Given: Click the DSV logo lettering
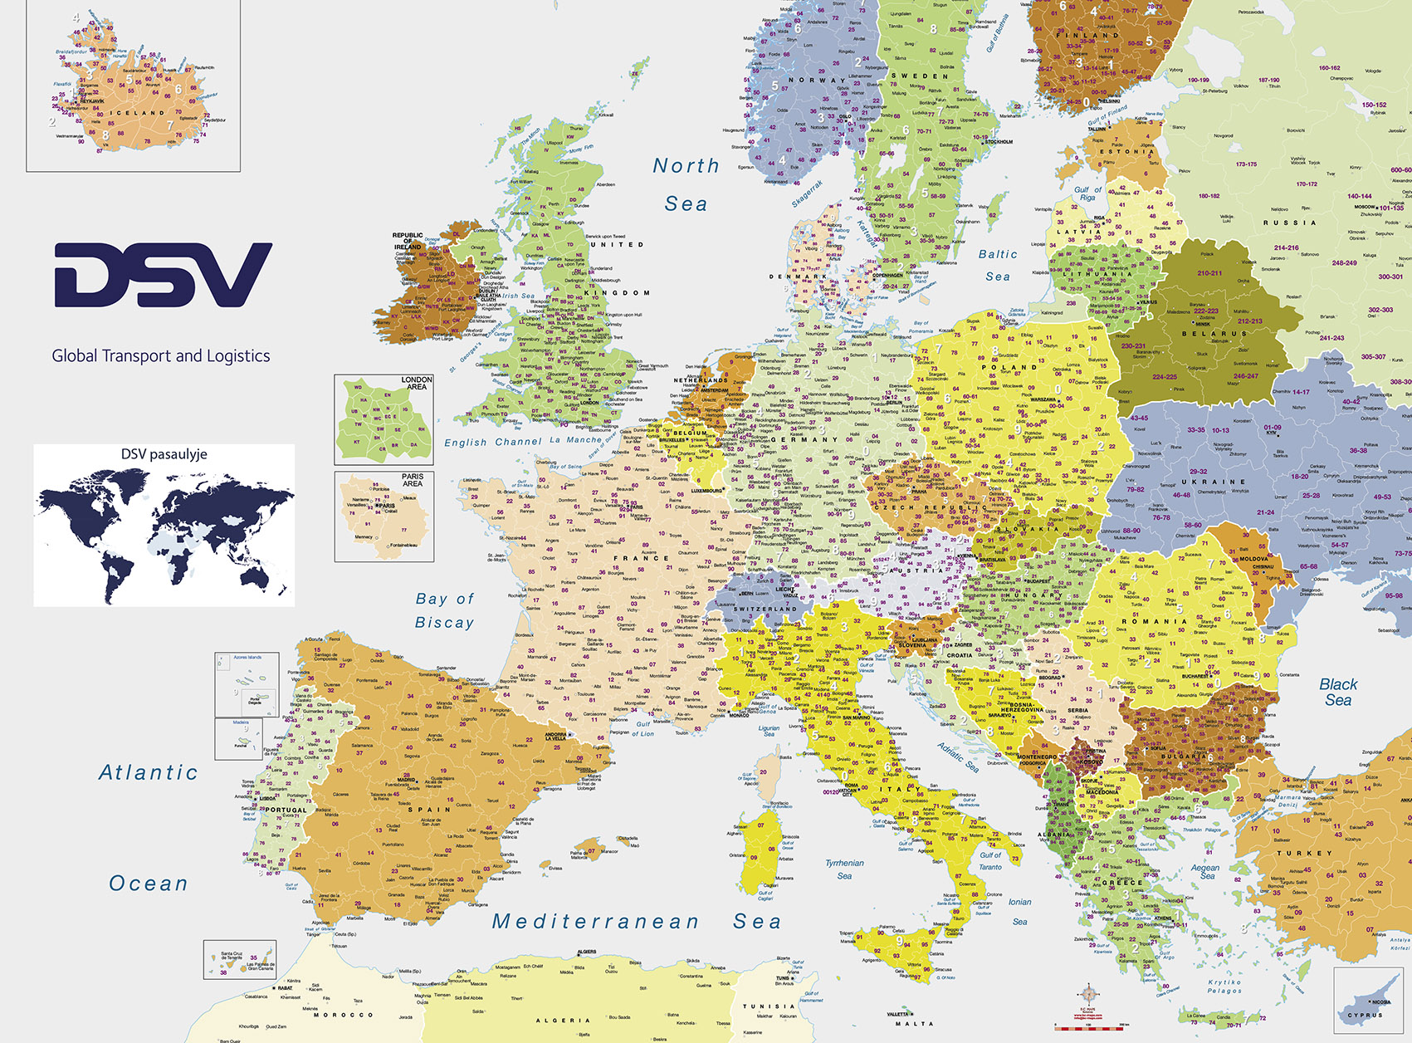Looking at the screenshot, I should pyautogui.click(x=163, y=274).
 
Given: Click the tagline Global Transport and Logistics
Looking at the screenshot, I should pyautogui.click(x=161, y=355).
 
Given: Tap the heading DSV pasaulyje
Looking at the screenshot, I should pyautogui.click(x=164, y=454).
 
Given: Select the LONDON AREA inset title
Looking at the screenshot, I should pyautogui.click(x=416, y=383).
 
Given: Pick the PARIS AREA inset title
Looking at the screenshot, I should pyautogui.click(x=413, y=480).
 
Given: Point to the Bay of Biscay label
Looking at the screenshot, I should pyautogui.click(x=445, y=610).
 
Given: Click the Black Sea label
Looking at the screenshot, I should pyautogui.click(x=1338, y=692).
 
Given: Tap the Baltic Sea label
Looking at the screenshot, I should pyautogui.click(x=998, y=265).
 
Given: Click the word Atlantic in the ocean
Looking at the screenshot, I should pyautogui.click(x=149, y=772).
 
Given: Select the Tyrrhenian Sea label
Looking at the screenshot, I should pyautogui.click(x=844, y=869).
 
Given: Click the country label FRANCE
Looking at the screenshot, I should pyautogui.click(x=641, y=558).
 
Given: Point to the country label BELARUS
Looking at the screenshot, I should pyautogui.click(x=1215, y=334).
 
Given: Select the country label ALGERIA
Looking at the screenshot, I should pyautogui.click(x=563, y=1020).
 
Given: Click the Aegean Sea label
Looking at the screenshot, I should pyautogui.click(x=1205, y=870).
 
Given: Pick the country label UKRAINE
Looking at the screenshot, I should pyautogui.click(x=1214, y=482).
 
